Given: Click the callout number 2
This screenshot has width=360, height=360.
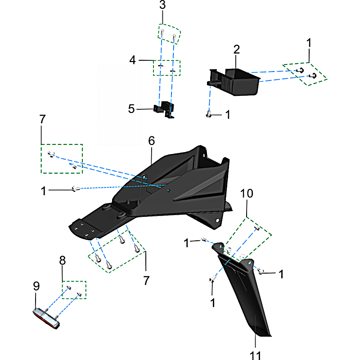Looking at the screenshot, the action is pos(237,49).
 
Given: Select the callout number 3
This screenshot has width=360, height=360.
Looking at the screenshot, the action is pos(162,5).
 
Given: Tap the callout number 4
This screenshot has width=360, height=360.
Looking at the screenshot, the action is pos(132,60).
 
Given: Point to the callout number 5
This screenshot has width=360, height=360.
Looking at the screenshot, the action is pos(131,109).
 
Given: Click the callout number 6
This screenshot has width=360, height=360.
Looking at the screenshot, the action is pos(152,141).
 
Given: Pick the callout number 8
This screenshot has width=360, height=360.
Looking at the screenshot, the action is pos(63,261).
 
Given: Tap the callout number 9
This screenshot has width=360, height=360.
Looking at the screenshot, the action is pos(36,286).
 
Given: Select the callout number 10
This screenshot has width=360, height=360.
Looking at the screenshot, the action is pos(247,193).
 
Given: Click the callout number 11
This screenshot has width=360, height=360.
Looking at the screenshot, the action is pos(255,355).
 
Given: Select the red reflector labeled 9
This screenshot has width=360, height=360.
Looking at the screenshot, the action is pos(46,319).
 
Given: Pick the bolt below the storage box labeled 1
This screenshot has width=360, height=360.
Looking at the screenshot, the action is pos(208,114).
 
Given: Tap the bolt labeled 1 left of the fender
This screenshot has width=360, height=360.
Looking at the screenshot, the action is pos(76,189).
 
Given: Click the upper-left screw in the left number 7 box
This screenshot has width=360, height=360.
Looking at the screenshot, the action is pos(51,154).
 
